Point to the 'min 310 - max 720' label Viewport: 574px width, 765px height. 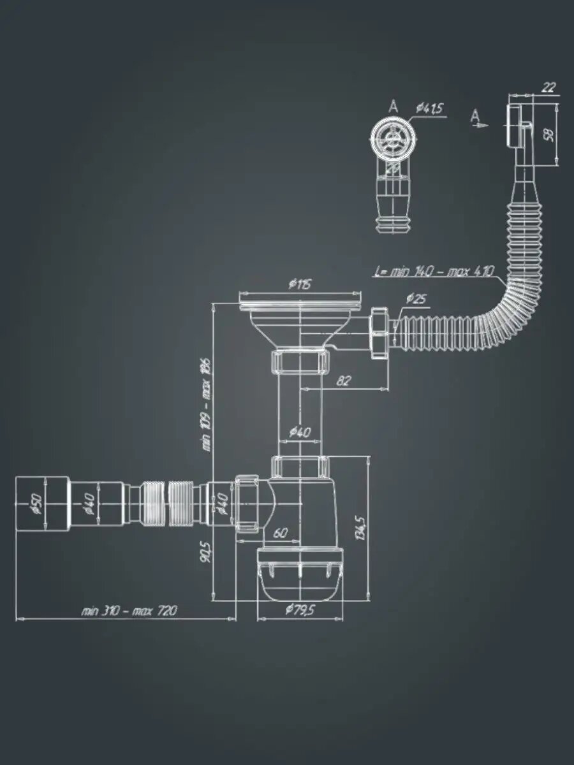[x=129, y=611]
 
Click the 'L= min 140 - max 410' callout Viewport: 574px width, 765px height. [x=434, y=272]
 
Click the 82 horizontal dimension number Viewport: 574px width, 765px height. [x=344, y=381]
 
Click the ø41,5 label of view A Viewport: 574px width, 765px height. [x=430, y=109]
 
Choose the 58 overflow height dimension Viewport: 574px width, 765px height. [x=549, y=133]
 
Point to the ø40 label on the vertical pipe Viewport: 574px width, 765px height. [x=300, y=432]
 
